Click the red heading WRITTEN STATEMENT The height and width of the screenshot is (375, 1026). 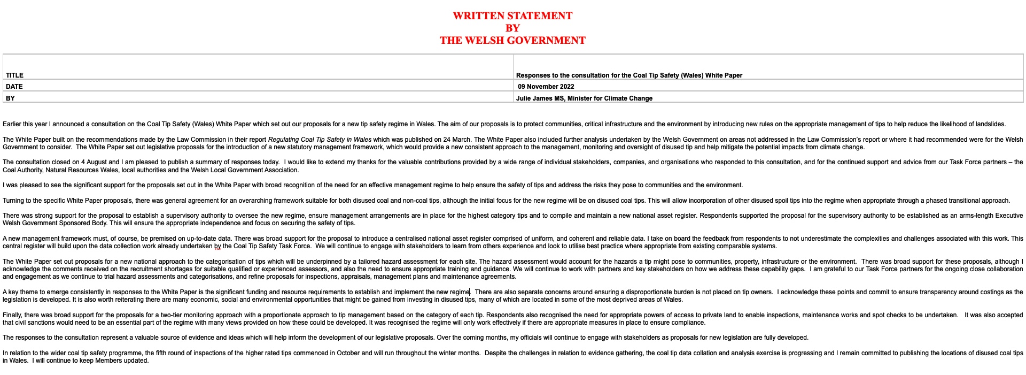(x=512, y=16)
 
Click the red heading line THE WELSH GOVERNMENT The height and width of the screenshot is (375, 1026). (x=512, y=41)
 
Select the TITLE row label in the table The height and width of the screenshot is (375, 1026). (x=14, y=75)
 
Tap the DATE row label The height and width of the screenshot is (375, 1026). (x=14, y=87)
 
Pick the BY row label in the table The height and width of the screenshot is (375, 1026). (x=10, y=98)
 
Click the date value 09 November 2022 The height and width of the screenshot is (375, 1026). (x=546, y=87)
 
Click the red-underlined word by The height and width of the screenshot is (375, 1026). (x=217, y=247)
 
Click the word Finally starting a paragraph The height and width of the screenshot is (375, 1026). (x=12, y=316)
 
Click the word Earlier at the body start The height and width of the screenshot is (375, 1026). (x=12, y=124)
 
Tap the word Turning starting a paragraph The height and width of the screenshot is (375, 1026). (x=13, y=201)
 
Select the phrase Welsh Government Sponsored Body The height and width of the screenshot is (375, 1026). (x=52, y=224)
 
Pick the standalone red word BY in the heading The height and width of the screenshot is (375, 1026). (x=512, y=28)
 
